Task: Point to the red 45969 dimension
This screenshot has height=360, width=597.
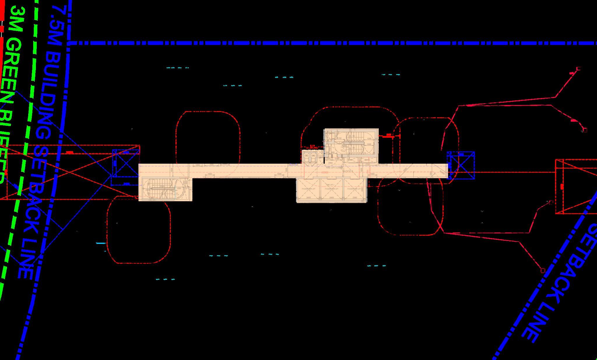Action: [x=324, y=173]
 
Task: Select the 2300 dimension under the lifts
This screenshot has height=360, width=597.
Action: [x=355, y=198]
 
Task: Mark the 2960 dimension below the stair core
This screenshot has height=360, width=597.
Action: [x=330, y=162]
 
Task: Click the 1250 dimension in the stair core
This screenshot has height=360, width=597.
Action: [x=369, y=139]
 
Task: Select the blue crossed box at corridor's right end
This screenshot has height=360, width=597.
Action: [x=461, y=165]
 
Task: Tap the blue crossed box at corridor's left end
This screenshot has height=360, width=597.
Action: [x=126, y=163]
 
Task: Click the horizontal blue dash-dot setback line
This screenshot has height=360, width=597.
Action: [x=321, y=43]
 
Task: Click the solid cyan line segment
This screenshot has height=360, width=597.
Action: [x=101, y=243]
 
